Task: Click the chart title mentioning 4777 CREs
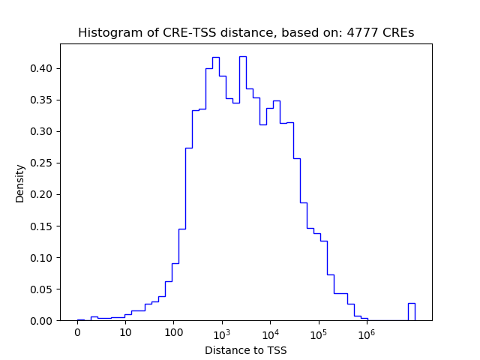(x=246, y=33)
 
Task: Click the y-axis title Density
(x=20, y=183)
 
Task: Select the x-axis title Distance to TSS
(x=246, y=349)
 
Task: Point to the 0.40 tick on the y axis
(x=43, y=68)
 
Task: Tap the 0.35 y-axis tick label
(x=43, y=100)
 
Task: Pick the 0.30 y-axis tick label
(x=43, y=131)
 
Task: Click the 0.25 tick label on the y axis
(x=43, y=163)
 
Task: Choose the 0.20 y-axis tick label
(x=43, y=194)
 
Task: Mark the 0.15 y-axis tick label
(x=43, y=226)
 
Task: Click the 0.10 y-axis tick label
(x=43, y=257)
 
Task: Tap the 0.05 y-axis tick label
(x=43, y=289)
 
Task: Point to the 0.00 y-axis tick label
(x=43, y=320)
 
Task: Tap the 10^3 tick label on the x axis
(x=222, y=333)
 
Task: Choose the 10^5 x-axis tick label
(x=319, y=333)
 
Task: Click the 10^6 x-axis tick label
(x=367, y=333)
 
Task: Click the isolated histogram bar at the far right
(x=412, y=312)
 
